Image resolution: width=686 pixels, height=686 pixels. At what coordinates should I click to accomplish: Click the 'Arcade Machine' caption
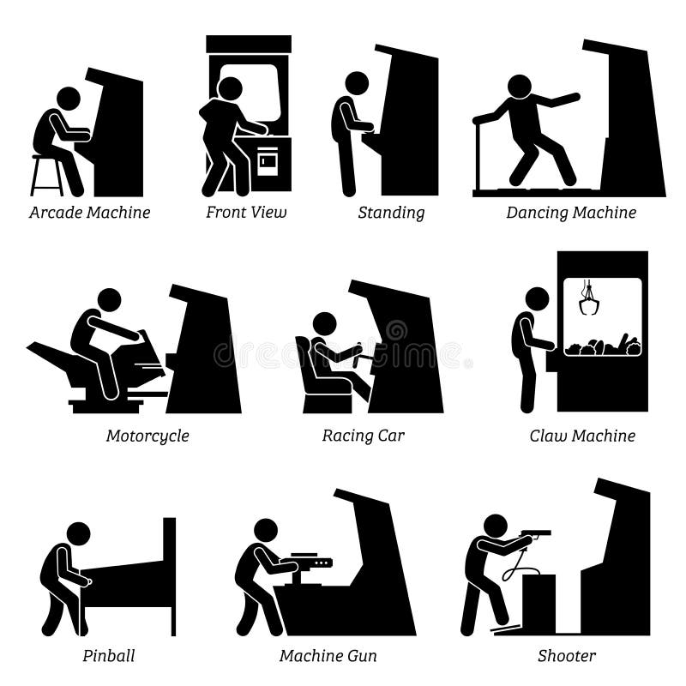[89, 213]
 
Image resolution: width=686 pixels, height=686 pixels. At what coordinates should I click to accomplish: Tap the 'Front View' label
[246, 213]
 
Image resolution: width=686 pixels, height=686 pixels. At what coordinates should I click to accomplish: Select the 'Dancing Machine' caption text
[571, 213]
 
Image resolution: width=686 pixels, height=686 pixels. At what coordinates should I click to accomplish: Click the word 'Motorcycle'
[147, 436]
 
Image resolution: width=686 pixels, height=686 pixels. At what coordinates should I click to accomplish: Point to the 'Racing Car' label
[363, 436]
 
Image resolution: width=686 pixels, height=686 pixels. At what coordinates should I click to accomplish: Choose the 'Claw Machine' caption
[582, 436]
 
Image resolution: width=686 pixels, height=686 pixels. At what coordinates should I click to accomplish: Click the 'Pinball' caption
[109, 656]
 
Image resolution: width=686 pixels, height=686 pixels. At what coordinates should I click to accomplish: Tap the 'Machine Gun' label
[328, 656]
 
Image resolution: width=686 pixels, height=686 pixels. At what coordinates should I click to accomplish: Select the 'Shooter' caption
[567, 656]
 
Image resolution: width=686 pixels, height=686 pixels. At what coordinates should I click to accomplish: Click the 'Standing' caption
[391, 213]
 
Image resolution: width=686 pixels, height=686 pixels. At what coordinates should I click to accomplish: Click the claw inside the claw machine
[589, 300]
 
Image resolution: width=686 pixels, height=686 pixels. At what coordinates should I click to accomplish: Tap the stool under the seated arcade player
[46, 176]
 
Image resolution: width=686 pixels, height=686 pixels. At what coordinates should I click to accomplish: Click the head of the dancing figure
[519, 87]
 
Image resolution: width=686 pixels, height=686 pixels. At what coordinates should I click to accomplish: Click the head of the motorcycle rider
[110, 300]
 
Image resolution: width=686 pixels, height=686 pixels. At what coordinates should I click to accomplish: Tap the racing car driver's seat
[317, 377]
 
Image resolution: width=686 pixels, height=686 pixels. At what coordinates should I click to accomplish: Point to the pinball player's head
[78, 533]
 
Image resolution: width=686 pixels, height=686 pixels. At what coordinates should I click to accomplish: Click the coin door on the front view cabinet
[268, 163]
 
